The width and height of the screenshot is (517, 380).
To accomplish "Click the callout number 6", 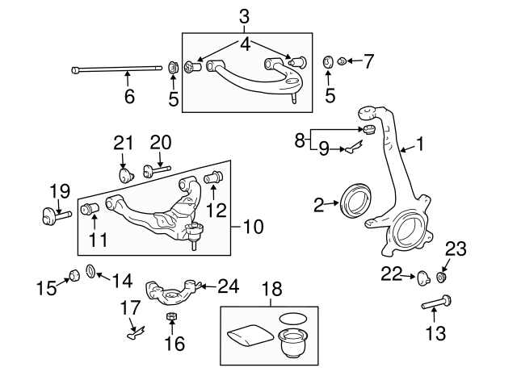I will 128,98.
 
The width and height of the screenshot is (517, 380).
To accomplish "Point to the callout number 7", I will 368,61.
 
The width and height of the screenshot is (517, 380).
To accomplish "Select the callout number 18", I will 268,287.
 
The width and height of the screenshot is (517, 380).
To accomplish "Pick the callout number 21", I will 122,143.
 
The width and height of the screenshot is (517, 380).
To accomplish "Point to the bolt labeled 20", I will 155,169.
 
